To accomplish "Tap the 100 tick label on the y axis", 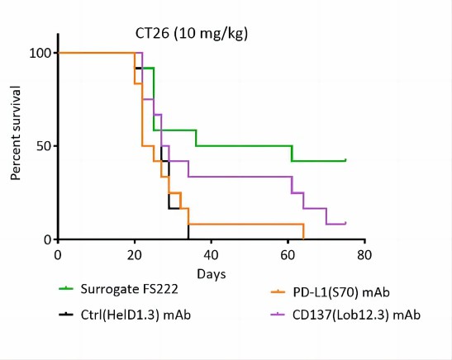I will click(39, 53).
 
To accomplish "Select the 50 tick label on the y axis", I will click(42, 146).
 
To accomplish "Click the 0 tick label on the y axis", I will click(45, 239).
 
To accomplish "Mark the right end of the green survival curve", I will click(345, 159).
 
